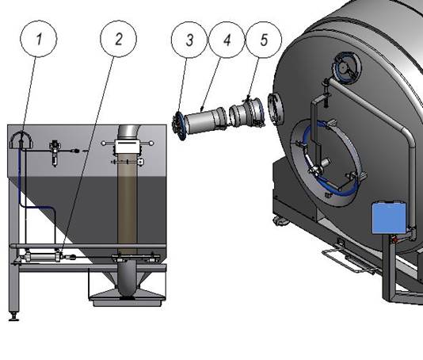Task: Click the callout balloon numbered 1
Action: [x=39, y=38]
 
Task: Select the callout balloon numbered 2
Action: [x=119, y=39]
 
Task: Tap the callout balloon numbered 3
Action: [x=189, y=40]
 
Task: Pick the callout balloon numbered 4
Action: [x=227, y=40]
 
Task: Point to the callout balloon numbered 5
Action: [x=264, y=40]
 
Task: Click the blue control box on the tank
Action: [x=389, y=218]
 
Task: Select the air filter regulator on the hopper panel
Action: [x=55, y=153]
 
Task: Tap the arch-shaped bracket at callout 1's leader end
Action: [x=21, y=140]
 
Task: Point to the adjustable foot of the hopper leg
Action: [x=14, y=316]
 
